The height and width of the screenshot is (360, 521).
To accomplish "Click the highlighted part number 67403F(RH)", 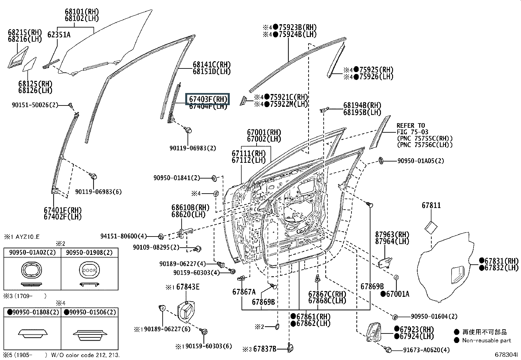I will [207, 99].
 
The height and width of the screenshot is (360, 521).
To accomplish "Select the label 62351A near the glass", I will [59, 35].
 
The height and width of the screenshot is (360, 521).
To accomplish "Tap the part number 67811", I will [431, 205].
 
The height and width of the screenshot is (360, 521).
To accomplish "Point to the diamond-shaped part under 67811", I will [431, 227].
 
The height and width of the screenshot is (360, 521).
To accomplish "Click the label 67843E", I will [188, 287].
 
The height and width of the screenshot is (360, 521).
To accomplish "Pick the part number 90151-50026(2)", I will [35, 105].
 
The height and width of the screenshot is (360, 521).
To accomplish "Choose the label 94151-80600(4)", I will [123, 236].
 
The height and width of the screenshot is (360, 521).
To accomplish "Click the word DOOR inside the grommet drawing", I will [89, 271].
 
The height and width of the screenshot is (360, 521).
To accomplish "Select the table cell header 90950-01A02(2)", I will [32, 253].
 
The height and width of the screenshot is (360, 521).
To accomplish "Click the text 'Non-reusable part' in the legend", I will [486, 340].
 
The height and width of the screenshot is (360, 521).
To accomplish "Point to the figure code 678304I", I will [506, 355].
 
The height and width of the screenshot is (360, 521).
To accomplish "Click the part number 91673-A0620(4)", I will [426, 350].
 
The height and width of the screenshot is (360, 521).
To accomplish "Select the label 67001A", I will [397, 294].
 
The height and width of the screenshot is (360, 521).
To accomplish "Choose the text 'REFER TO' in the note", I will [410, 125].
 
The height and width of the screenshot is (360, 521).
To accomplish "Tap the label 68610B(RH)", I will [190, 208].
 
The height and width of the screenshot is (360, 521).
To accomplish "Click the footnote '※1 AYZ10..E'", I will [22, 237].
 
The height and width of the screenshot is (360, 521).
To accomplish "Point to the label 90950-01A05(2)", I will [421, 161].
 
